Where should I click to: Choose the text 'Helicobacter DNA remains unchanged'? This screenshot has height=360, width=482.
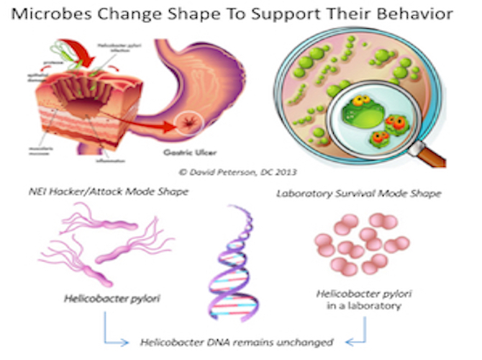click(x=237, y=341)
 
